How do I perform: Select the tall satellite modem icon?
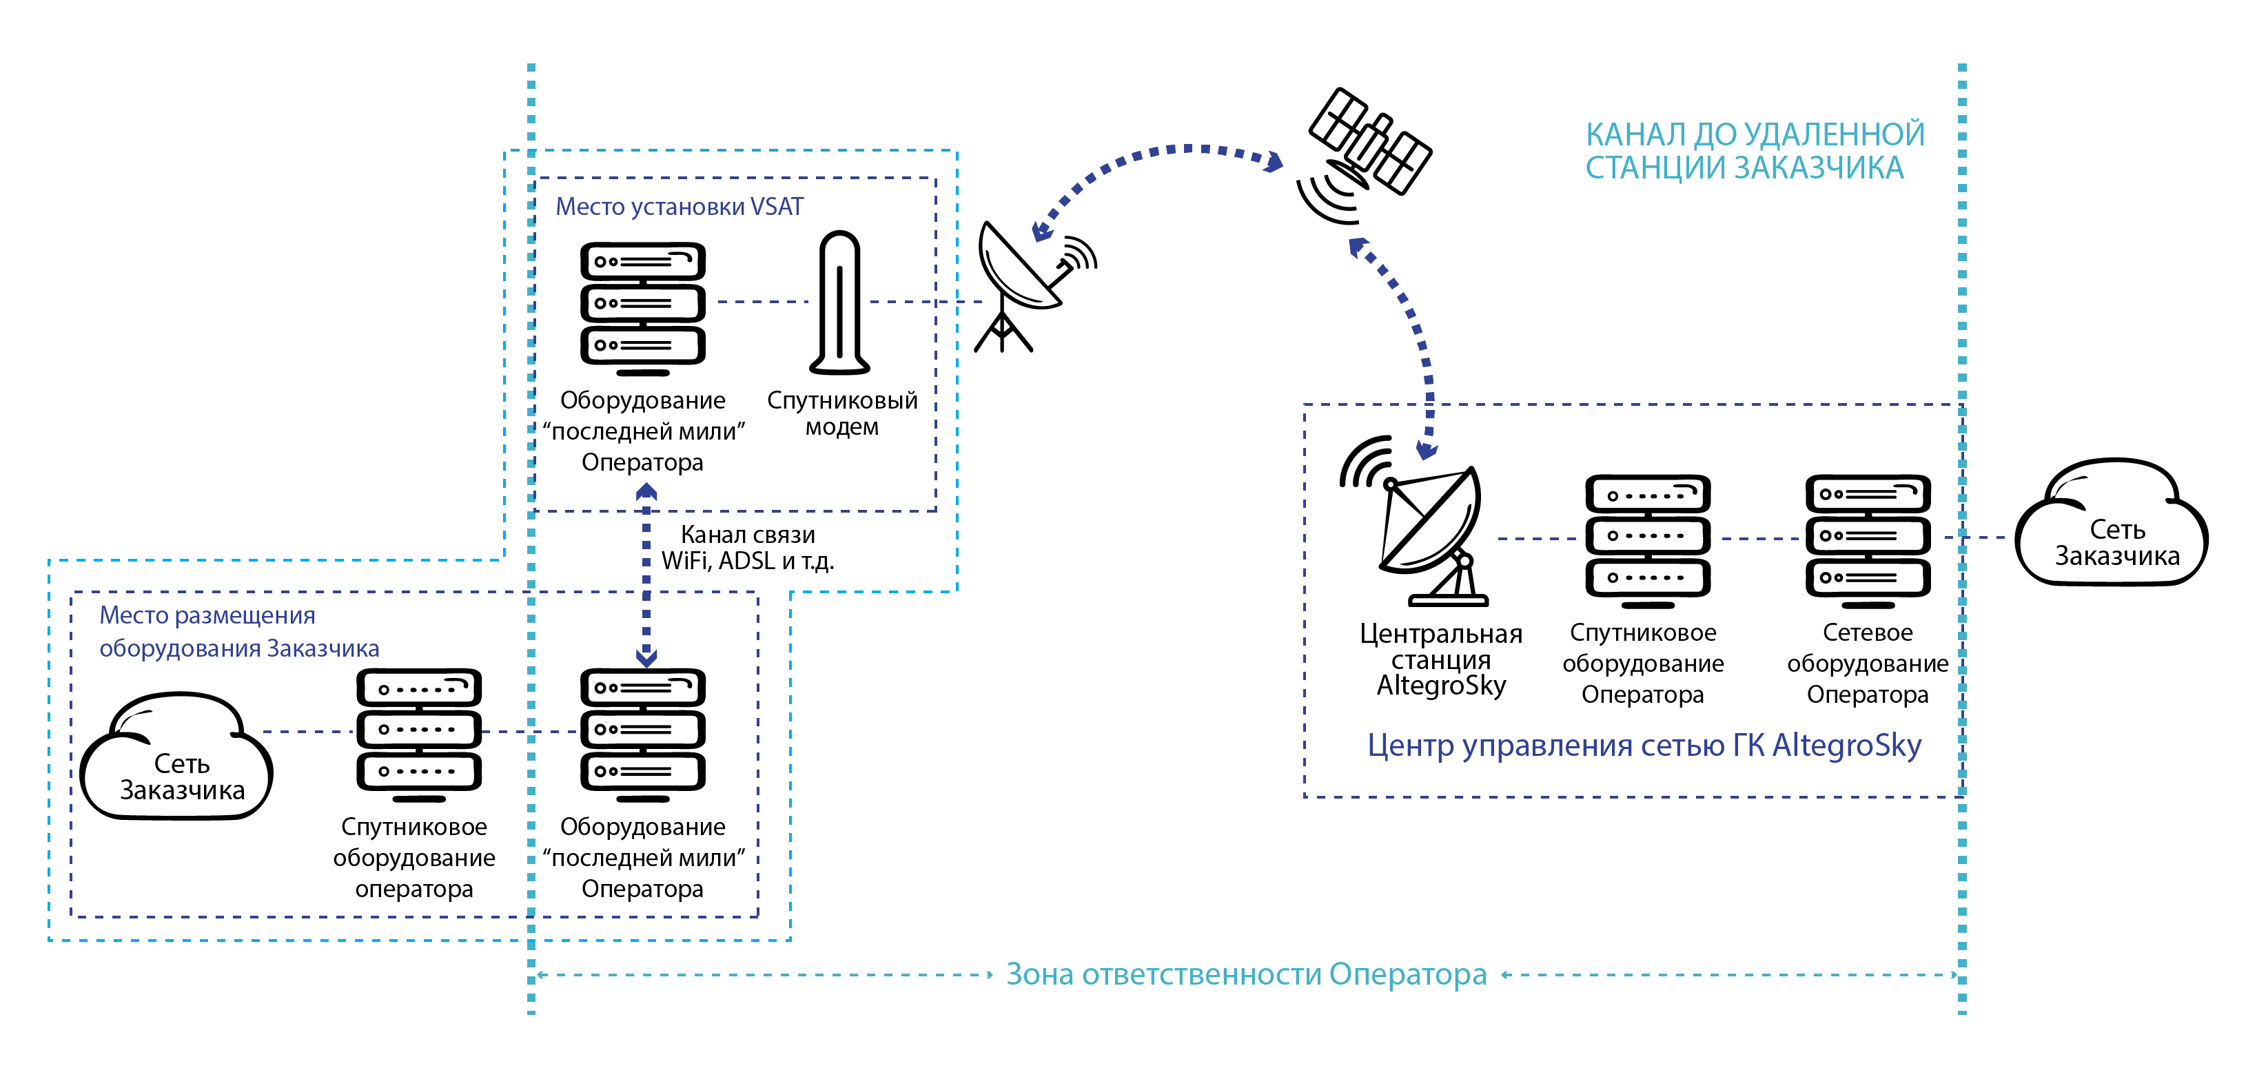click(839, 303)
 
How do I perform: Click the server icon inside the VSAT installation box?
click(643, 303)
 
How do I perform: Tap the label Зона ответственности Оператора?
click(1244, 974)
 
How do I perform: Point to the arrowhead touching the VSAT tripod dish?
click(1043, 230)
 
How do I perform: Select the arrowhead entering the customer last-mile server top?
click(646, 654)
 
